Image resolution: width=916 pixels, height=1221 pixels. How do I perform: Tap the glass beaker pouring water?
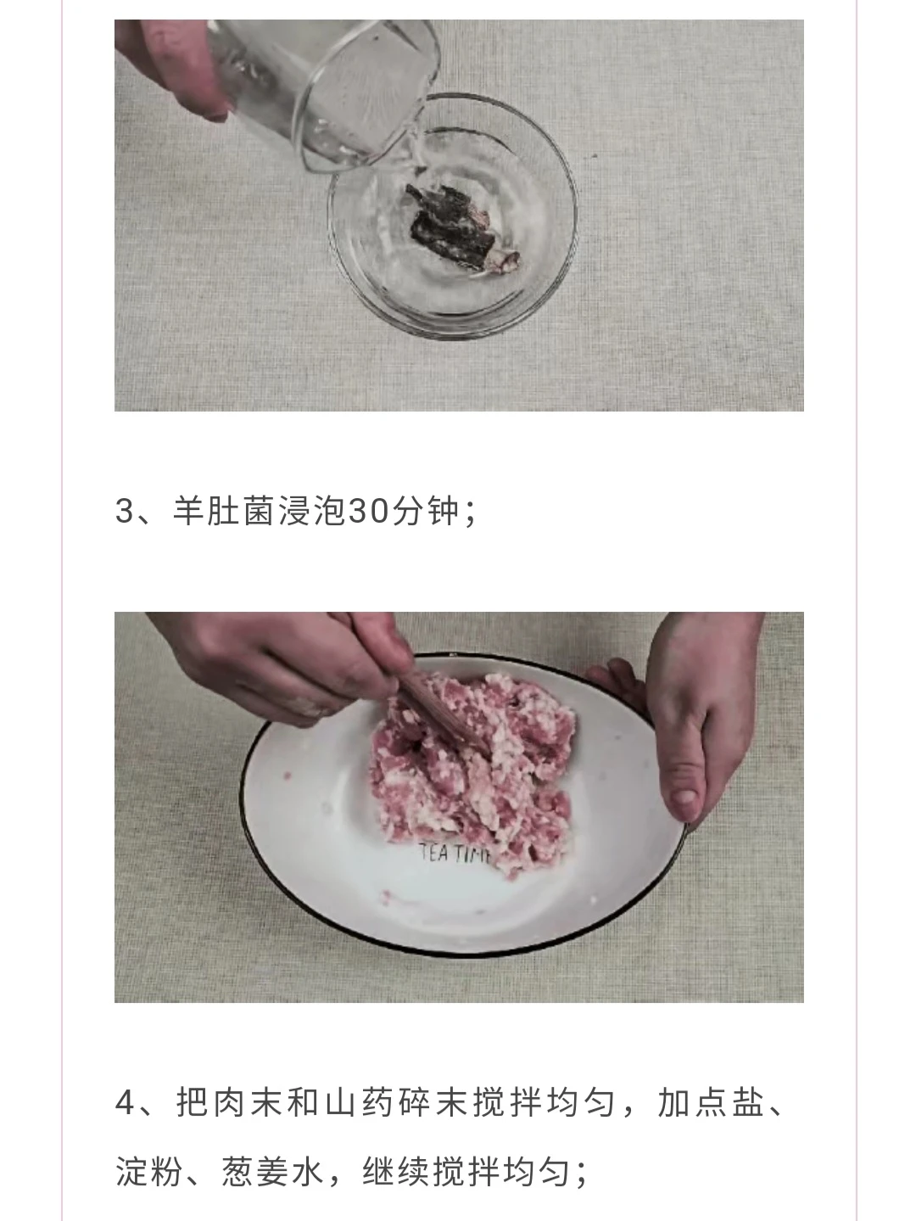click(x=322, y=92)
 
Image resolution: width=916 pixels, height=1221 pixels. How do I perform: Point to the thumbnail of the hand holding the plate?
click(x=687, y=799)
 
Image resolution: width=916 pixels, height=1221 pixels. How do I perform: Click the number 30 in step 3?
click(x=367, y=510)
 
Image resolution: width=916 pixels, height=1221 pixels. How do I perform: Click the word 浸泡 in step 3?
click(x=312, y=510)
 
